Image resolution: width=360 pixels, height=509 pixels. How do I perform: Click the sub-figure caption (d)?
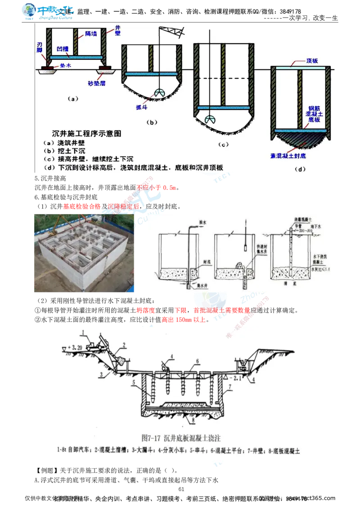(299, 169)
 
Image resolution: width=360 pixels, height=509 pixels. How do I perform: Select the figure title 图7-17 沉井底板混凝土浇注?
(179, 436)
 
